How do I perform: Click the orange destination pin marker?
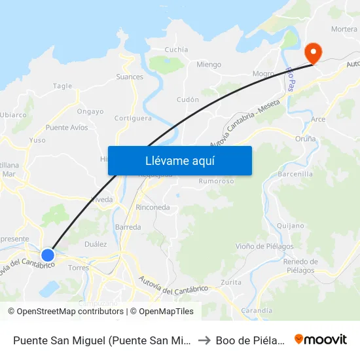click(314, 52)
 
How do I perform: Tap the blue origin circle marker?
click(48, 255)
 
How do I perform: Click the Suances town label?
click(130, 77)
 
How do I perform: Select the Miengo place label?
click(209, 64)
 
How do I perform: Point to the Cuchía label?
click(176, 49)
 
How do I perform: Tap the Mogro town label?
click(263, 74)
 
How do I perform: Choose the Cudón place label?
click(188, 99)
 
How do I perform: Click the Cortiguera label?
click(133, 118)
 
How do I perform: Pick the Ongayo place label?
click(90, 111)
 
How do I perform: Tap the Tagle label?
click(62, 86)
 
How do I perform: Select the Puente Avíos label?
click(67, 127)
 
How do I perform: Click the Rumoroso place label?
click(216, 181)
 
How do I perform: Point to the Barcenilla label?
click(295, 174)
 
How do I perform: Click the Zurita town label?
click(231, 282)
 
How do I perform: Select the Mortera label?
click(344, 29)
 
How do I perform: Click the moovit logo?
click(321, 339)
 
